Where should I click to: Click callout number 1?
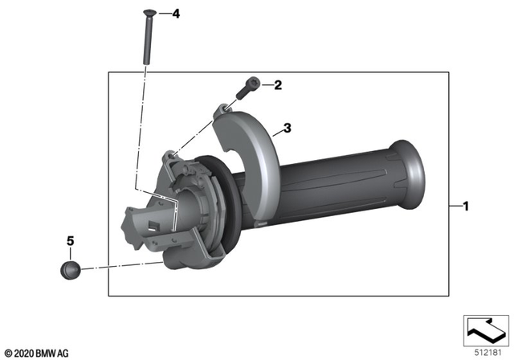[x=465, y=207]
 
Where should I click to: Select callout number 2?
[x=278, y=84]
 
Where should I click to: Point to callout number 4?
[x=177, y=14]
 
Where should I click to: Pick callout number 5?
[x=70, y=239]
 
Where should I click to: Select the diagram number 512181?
[x=487, y=350]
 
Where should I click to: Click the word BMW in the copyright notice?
[x=45, y=352]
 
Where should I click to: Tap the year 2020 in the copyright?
[x=23, y=352]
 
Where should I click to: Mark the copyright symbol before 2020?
[x=7, y=352]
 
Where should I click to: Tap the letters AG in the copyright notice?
[x=63, y=352]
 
